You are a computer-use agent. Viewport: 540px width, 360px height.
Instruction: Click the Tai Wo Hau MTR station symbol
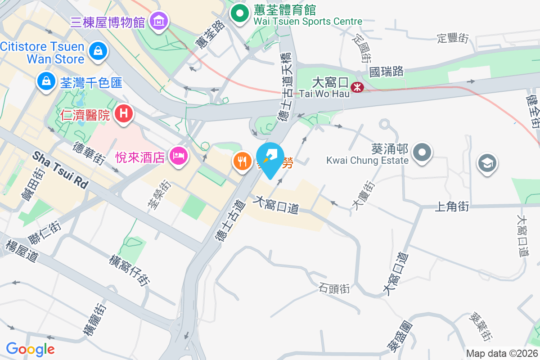coord(358,88)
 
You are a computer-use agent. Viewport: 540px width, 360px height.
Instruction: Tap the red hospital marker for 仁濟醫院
coord(124,114)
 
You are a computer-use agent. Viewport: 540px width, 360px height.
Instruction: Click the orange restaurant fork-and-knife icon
coord(243,162)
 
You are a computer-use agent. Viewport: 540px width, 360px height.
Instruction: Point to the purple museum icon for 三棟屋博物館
coord(159,21)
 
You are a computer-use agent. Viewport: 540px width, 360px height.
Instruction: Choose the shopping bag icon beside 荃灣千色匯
coord(46,81)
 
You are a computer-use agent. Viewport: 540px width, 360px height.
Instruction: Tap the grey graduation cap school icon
coord(486,164)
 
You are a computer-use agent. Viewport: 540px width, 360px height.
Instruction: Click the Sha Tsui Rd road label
coord(60,169)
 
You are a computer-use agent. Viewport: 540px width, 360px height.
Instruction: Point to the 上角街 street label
coord(452,207)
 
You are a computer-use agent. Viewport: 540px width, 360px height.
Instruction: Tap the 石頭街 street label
coord(334,288)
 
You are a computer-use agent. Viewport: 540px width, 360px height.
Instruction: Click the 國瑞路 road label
coord(387,71)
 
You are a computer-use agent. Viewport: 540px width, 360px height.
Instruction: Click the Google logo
coord(30,349)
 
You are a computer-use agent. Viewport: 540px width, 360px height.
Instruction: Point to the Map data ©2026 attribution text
coord(501,353)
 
